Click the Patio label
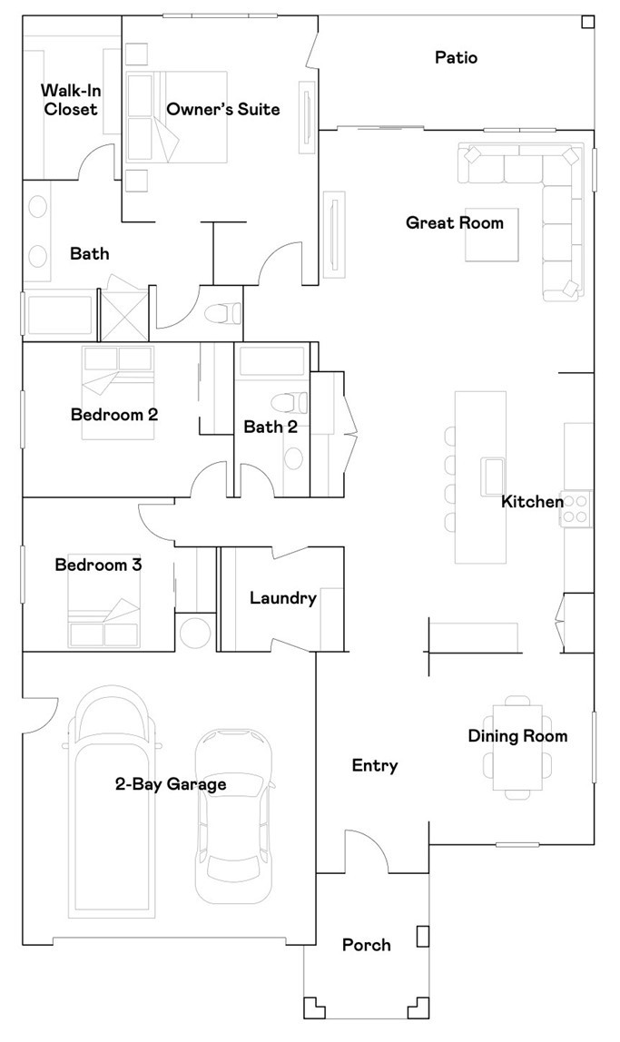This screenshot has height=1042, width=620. [456, 58]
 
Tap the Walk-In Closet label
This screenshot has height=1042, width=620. [71, 100]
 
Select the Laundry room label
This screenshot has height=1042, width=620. [283, 599]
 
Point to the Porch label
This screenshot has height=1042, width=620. [366, 945]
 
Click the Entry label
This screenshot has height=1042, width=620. [375, 765]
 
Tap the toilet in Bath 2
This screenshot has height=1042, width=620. [290, 402]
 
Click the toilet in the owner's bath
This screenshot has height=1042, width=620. [224, 313]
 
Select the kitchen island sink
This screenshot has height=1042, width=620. [492, 477]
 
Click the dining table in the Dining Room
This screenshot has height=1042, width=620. [517, 748]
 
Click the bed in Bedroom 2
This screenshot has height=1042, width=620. [118, 392]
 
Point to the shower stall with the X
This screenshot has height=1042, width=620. [123, 315]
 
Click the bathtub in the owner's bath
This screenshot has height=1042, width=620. [58, 314]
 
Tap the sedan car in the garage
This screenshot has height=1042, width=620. [234, 815]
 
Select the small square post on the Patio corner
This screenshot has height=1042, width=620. [586, 22]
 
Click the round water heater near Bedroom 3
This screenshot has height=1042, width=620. [195, 633]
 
